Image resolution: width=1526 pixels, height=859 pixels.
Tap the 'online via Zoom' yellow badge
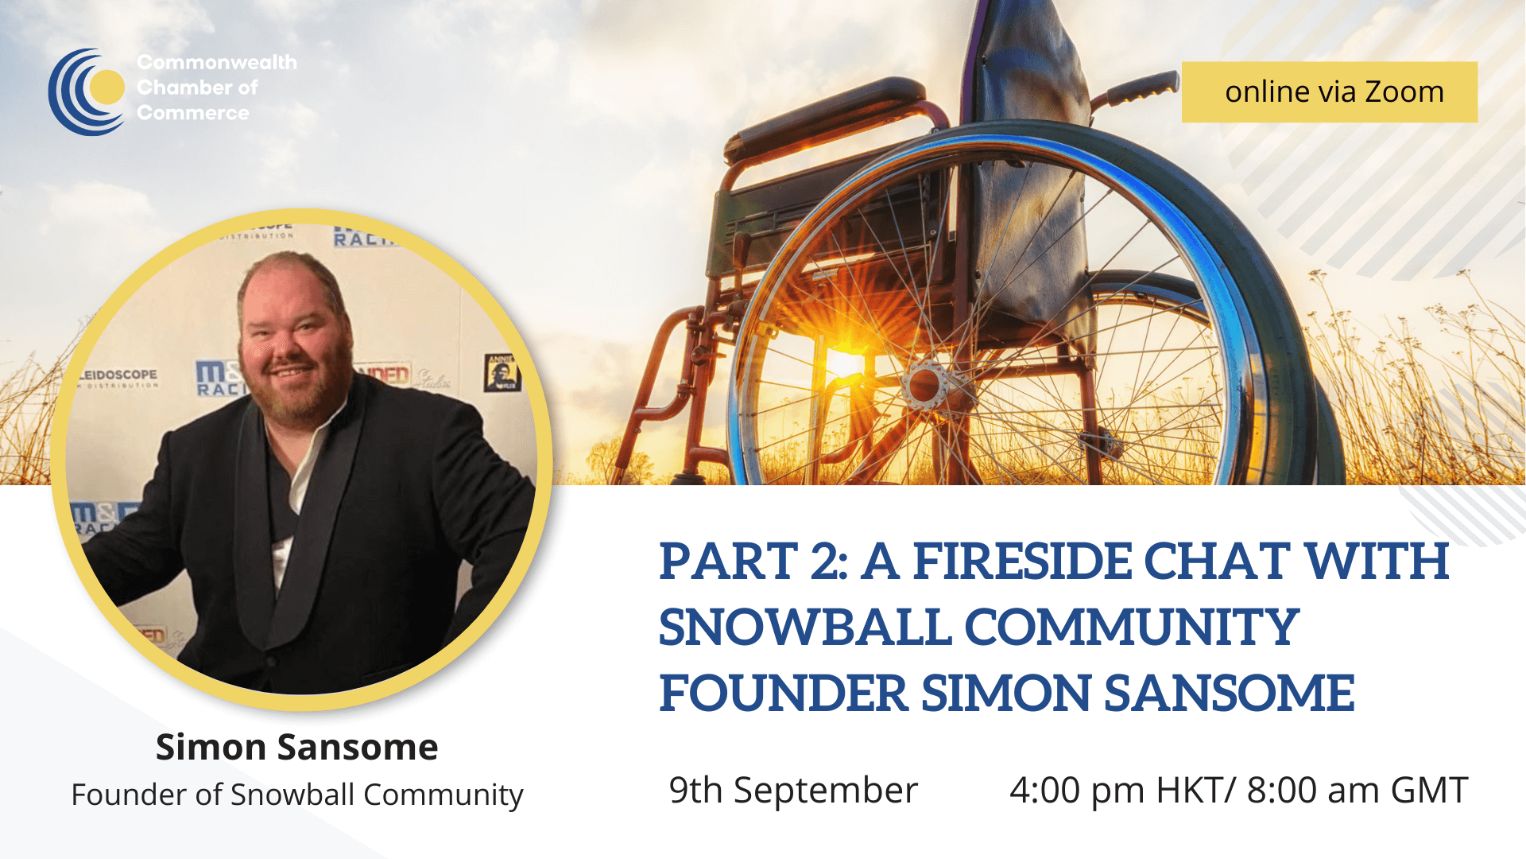tap(1329, 92)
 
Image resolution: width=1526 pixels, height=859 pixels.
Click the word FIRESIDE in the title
tap(1021, 562)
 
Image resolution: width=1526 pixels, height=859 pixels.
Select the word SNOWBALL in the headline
tap(804, 628)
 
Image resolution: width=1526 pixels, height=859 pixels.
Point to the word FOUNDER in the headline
tap(783, 694)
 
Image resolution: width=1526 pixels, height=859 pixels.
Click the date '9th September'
tap(792, 791)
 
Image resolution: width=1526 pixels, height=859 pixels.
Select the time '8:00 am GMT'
tap(1357, 791)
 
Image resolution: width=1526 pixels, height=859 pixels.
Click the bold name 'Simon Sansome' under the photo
tap(296, 748)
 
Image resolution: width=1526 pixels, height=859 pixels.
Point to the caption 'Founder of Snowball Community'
tap(296, 795)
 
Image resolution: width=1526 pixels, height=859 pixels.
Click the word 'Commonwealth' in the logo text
tap(216, 62)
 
